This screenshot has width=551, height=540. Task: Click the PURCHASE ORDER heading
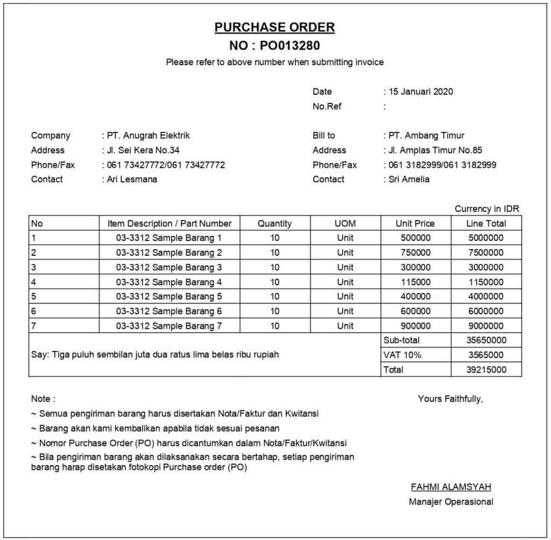point(274,27)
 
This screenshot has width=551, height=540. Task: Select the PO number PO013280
point(293,45)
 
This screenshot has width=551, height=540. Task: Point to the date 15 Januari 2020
point(421,92)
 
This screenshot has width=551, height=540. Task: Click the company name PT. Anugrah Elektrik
point(147,136)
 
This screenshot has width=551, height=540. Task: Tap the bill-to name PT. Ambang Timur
point(426,136)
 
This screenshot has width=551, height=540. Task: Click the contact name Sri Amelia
point(409,179)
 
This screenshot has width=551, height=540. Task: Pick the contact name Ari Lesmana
point(132,179)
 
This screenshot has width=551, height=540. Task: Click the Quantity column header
point(274,223)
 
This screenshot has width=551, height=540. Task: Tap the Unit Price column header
point(415,223)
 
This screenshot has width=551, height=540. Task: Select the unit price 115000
point(415,282)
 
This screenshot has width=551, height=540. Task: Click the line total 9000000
point(485,326)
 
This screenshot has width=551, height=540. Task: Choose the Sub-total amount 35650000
point(485,340)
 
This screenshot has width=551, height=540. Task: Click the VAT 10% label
point(402,355)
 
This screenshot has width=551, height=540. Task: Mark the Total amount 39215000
point(485,370)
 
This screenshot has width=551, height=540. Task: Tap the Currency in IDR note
point(486,209)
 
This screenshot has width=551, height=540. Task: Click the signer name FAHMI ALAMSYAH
point(451,487)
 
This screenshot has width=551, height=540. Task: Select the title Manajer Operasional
point(451,502)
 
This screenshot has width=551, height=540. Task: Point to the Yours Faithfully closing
point(450,399)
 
